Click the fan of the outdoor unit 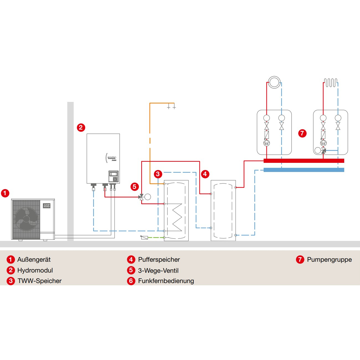click(26, 219)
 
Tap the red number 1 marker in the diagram click(5, 193)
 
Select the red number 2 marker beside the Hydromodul click(81, 128)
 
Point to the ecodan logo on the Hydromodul click(112, 158)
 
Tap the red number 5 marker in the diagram click(135, 186)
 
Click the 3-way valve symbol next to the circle click(142, 197)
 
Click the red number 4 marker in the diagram click(205, 174)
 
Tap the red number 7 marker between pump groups click(302, 133)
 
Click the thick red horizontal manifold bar click(304, 161)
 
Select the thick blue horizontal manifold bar click(304, 170)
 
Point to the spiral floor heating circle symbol click(274, 82)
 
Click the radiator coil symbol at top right click(331, 83)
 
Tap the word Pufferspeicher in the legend click(159, 259)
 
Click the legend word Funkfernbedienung click(166, 281)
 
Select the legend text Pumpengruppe click(329, 259)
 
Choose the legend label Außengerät click(34, 259)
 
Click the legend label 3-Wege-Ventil click(158, 270)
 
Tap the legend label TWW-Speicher click(40, 281)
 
